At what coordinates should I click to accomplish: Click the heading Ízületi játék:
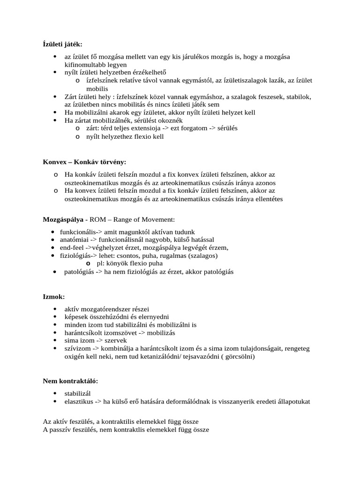(x=62, y=44)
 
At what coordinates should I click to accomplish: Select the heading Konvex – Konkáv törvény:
(x=85, y=162)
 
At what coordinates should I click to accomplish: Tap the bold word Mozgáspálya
(x=63, y=219)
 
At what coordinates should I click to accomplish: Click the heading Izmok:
(x=54, y=297)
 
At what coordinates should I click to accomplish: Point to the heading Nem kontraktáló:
(x=71, y=382)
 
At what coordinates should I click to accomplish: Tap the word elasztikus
(x=79, y=402)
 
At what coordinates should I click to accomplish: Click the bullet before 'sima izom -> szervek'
(x=56, y=341)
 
